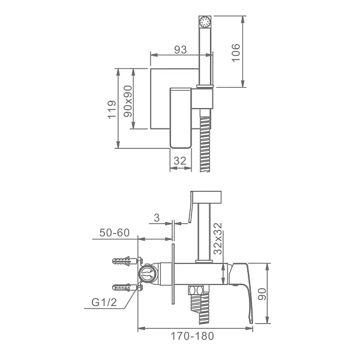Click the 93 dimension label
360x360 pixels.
click(181, 50)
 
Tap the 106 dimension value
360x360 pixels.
click(236, 53)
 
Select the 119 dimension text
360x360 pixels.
click(112, 110)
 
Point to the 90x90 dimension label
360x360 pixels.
click(128, 101)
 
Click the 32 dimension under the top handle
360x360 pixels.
click(180, 161)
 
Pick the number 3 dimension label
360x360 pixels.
click(157, 218)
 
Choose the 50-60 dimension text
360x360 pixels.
click(115, 233)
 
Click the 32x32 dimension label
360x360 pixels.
click(218, 239)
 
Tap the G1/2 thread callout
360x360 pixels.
click(104, 302)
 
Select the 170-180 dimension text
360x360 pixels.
click(193, 336)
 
